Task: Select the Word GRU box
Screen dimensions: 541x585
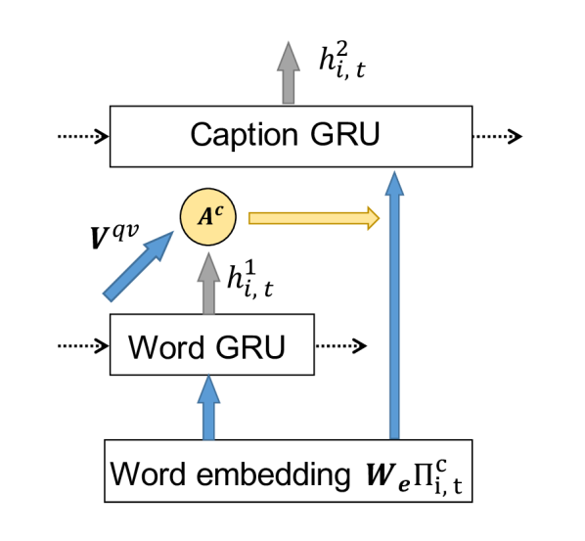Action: (x=211, y=345)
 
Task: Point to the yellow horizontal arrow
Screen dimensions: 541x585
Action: (x=313, y=218)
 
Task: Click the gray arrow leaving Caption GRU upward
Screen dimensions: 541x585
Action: (x=288, y=72)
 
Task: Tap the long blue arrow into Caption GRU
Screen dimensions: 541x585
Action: (x=393, y=303)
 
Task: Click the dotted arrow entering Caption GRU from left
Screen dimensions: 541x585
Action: (x=84, y=137)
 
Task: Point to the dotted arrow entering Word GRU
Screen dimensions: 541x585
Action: (x=84, y=345)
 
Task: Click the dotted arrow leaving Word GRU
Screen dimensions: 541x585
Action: (x=341, y=345)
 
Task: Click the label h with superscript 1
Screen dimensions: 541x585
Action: (x=249, y=280)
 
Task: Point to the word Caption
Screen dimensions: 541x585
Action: (x=239, y=137)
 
